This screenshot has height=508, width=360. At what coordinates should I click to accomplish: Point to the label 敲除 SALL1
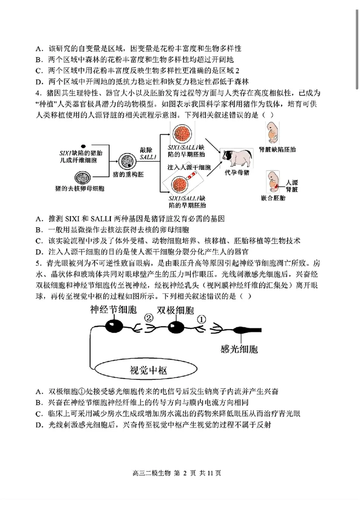[148, 153]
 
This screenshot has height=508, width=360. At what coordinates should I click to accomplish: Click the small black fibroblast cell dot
[83, 146]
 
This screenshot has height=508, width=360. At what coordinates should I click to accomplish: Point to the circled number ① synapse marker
[202, 318]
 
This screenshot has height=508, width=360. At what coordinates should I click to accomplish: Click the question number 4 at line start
[38, 93]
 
